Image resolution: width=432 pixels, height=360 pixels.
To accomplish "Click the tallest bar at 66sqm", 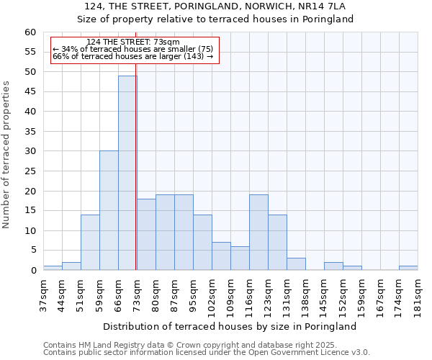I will click(127, 173).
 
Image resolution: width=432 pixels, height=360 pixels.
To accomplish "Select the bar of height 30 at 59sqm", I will click(109, 210).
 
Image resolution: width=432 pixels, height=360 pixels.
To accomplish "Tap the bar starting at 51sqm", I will click(90, 242).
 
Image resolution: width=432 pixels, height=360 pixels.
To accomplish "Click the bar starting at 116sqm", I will click(258, 232).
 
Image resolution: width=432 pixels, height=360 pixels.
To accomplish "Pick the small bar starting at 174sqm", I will click(408, 268).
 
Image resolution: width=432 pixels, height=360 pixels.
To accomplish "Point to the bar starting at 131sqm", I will click(296, 264).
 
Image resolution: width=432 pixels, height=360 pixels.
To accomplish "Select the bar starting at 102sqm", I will click(221, 256).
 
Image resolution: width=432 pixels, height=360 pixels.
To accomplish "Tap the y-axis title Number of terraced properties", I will click(6, 154).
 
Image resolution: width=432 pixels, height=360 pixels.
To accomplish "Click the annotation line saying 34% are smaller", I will click(132, 49).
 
